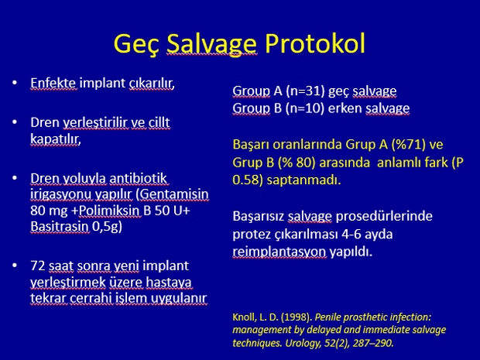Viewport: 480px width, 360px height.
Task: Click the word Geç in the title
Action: (137, 44)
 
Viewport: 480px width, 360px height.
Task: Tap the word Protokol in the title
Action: (315, 43)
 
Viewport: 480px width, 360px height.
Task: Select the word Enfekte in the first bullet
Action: (53, 83)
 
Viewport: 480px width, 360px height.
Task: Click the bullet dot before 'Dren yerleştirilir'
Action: (15, 122)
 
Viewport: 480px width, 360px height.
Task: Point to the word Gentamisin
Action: (174, 194)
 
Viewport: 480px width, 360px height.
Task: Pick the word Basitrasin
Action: (60, 226)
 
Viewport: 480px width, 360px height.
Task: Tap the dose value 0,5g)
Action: (107, 227)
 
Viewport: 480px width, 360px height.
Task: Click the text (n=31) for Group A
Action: (305, 91)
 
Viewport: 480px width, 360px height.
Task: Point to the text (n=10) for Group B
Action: (305, 108)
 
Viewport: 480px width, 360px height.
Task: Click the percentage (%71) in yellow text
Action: (409, 145)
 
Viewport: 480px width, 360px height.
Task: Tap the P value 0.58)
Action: (248, 180)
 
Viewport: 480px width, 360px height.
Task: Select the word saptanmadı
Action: (303, 180)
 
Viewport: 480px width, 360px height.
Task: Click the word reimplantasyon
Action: (279, 252)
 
